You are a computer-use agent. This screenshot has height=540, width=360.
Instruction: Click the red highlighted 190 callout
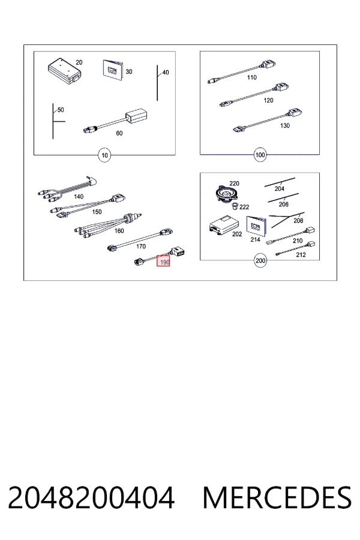(163, 261)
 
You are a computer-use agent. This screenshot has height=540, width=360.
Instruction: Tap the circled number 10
(104, 155)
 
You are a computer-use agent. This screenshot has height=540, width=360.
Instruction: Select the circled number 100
(260, 155)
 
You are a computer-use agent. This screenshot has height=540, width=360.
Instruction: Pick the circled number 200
(260, 260)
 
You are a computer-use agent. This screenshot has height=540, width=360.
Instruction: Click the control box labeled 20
(65, 71)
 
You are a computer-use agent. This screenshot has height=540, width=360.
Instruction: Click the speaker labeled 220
(227, 194)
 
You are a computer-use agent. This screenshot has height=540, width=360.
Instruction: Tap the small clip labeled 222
(235, 206)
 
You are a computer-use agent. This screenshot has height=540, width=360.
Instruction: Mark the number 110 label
(252, 77)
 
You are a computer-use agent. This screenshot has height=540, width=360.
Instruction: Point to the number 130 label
(285, 126)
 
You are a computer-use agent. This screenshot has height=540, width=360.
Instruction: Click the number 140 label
(79, 197)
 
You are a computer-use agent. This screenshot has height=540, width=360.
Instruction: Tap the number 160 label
(119, 231)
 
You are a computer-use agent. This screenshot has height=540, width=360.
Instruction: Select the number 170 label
(141, 247)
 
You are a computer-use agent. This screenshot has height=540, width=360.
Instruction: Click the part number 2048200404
(91, 497)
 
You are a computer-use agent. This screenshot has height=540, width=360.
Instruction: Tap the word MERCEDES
(277, 497)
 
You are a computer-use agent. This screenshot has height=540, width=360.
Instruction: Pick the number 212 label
(301, 255)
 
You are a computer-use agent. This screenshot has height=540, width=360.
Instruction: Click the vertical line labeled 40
(157, 83)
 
